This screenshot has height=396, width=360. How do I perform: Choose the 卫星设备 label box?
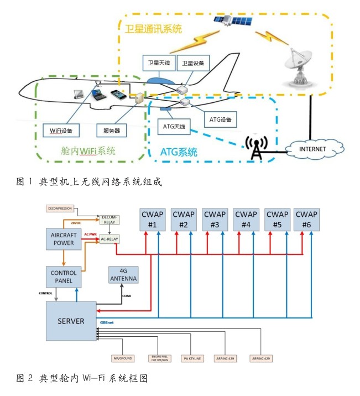[x=194, y=63]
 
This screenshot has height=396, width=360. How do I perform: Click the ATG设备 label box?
[x=221, y=119]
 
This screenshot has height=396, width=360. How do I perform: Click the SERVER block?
[x=71, y=321]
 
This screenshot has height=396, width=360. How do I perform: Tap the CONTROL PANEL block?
[x=64, y=277]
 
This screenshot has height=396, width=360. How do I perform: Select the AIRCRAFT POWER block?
[x=63, y=238]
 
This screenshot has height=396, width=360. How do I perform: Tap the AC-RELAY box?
[x=109, y=239]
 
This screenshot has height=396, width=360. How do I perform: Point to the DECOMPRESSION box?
[x=60, y=209]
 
